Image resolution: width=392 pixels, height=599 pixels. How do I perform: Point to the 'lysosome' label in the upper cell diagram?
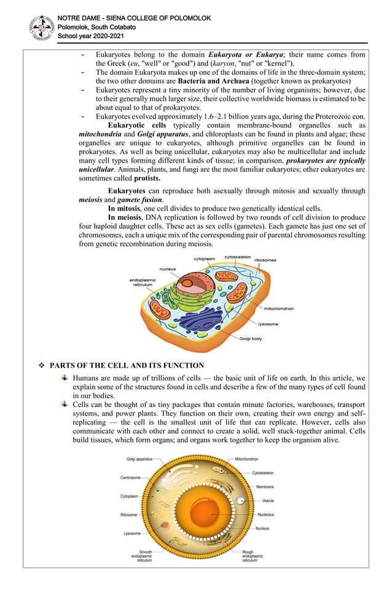(x=268, y=323)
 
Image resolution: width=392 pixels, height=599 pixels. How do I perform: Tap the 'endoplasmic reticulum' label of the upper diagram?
(x=141, y=282)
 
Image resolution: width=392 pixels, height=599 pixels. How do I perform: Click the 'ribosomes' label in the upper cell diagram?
(x=265, y=260)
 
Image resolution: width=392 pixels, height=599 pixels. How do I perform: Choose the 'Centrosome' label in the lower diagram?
(x=131, y=477)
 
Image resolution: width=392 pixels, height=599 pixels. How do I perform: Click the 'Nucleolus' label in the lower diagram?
(x=266, y=514)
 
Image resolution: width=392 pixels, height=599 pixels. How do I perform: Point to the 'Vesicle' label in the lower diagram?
(x=268, y=501)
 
